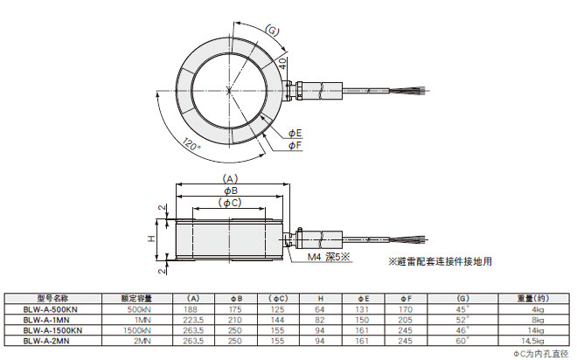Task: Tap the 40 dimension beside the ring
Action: click(x=282, y=62)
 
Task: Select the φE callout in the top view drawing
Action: click(x=296, y=133)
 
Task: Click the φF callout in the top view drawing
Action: click(x=296, y=144)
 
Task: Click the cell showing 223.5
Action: click(x=191, y=320)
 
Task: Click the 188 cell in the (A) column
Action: click(x=191, y=309)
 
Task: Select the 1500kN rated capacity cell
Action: click(x=140, y=330)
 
